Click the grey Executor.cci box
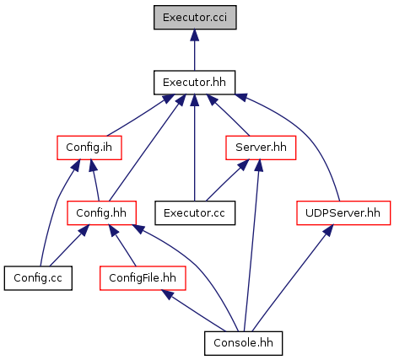pyautogui.click(x=195, y=17)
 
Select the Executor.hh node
pyautogui.click(x=194, y=83)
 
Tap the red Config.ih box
pyautogui.click(x=89, y=148)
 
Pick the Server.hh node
pyautogui.click(x=261, y=148)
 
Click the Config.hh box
pyautogui.click(x=101, y=212)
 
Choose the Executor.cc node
pyautogui.click(x=195, y=212)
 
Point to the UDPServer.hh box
pyautogui.click(x=343, y=212)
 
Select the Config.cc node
pyautogui.click(x=38, y=278)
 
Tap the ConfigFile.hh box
pyautogui.click(x=143, y=278)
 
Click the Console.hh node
pyautogui.click(x=243, y=343)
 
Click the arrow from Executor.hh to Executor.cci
pyautogui.click(x=194, y=50)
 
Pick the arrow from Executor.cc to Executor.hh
pyautogui.click(x=194, y=148)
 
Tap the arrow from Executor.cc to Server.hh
pyautogui.click(x=228, y=180)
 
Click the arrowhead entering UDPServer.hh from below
pyautogui.click(x=329, y=230)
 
